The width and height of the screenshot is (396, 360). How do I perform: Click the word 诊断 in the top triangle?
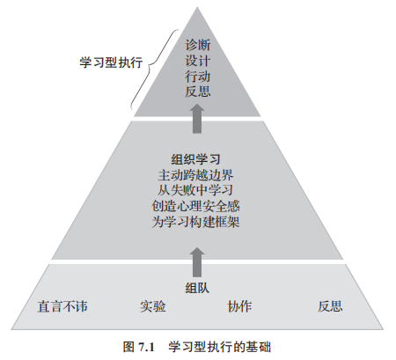tap(198, 45)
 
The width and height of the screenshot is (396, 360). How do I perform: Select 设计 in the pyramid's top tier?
tap(198, 61)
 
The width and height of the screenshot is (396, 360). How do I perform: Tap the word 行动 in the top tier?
tap(198, 77)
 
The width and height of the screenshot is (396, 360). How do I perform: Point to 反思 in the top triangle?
tap(198, 92)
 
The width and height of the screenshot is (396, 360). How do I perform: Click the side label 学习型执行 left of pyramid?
tap(111, 62)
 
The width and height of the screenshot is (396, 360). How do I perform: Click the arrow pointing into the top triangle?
tap(197, 119)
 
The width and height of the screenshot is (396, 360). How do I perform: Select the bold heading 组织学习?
tap(195, 159)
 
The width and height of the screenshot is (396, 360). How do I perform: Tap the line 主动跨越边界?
tap(195, 175)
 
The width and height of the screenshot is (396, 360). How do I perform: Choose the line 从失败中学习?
tap(195, 190)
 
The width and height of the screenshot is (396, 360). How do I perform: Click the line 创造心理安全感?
tap(195, 206)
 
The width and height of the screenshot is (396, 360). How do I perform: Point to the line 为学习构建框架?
tap(195, 222)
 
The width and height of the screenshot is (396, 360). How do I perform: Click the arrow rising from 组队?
tap(197, 262)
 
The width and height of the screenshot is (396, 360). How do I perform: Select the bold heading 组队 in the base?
tap(197, 288)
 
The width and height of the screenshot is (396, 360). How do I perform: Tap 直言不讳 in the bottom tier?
tap(62, 306)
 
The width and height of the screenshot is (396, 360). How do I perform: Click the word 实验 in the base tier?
tap(153, 306)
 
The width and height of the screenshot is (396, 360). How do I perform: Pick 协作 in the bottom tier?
tap(239, 306)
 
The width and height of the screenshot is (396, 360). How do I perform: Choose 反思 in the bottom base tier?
tap(330, 306)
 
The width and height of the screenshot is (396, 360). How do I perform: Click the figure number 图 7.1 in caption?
tap(139, 347)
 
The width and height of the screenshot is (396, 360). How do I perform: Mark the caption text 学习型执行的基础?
tap(220, 347)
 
